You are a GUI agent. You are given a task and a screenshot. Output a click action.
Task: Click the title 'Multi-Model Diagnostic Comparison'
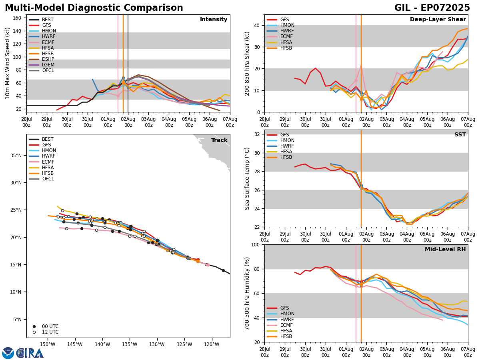(x=94, y=8)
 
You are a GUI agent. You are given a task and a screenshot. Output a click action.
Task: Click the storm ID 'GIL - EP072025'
(x=432, y=8)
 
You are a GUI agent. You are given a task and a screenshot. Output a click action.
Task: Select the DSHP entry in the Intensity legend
(x=48, y=59)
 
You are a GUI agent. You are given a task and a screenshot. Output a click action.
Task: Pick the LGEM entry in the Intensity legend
(x=48, y=65)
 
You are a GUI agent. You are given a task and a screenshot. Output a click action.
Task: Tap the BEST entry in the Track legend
(x=48, y=139)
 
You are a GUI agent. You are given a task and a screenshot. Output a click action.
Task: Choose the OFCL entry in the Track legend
(x=48, y=179)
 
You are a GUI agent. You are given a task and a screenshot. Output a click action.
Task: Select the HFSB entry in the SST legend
(x=286, y=157)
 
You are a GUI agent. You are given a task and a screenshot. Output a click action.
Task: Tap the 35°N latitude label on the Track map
(x=16, y=156)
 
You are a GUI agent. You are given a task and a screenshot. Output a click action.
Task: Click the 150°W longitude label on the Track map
(x=48, y=344)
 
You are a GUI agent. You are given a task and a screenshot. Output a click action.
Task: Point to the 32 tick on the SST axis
(x=257, y=134)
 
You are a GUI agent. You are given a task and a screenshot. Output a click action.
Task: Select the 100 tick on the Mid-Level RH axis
(x=256, y=244)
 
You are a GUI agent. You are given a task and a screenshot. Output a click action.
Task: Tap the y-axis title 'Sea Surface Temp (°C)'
(x=248, y=178)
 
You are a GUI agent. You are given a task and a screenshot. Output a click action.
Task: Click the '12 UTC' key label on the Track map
(x=50, y=332)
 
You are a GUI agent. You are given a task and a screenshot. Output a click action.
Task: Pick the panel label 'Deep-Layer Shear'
(x=438, y=20)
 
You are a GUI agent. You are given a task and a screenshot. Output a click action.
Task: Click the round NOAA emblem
(x=8, y=353)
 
